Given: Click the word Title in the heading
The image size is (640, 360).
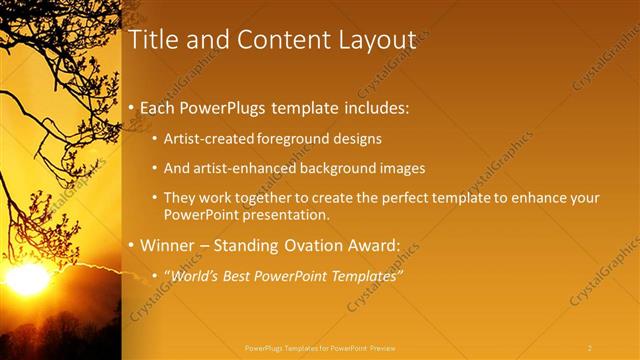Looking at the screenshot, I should coord(153,40).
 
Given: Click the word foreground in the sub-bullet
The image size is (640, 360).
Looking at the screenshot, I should coord(295,138).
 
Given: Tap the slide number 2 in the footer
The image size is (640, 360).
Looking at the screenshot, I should coord(590,348).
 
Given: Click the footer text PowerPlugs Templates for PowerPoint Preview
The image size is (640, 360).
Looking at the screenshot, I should coord(320,348).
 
